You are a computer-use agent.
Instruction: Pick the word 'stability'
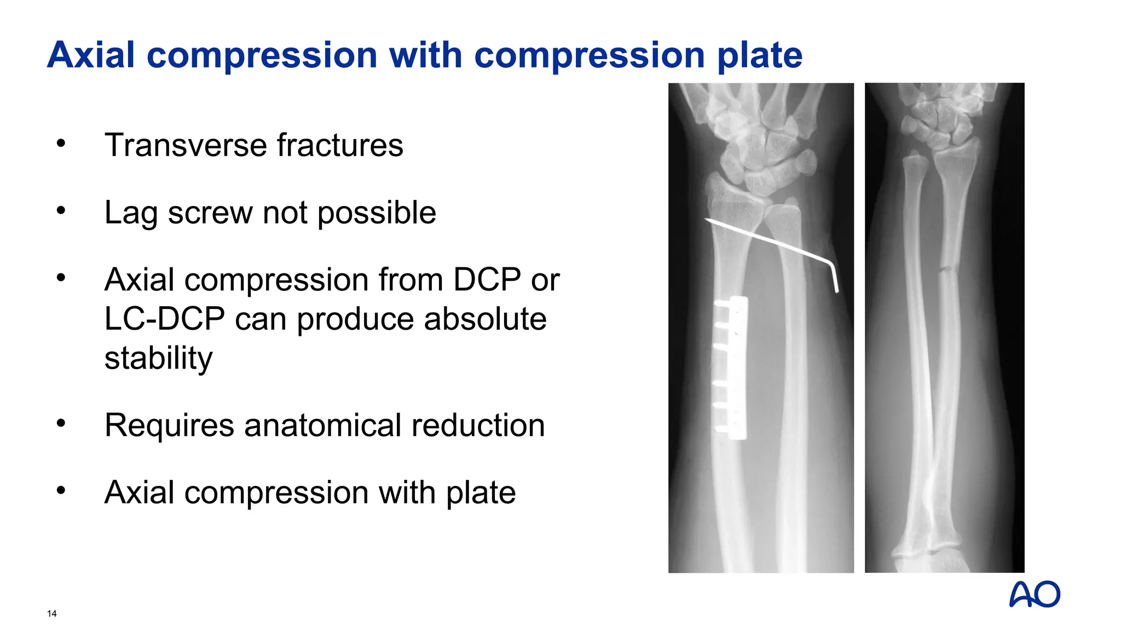158,359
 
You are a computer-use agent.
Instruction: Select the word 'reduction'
478,426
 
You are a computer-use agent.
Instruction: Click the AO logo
1034,594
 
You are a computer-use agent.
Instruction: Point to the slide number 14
52,613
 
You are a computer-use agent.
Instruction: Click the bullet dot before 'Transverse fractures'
61,144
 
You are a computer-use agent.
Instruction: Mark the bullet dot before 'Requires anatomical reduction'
61,423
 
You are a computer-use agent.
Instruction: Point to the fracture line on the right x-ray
946,269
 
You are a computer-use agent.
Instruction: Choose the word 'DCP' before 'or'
487,280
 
